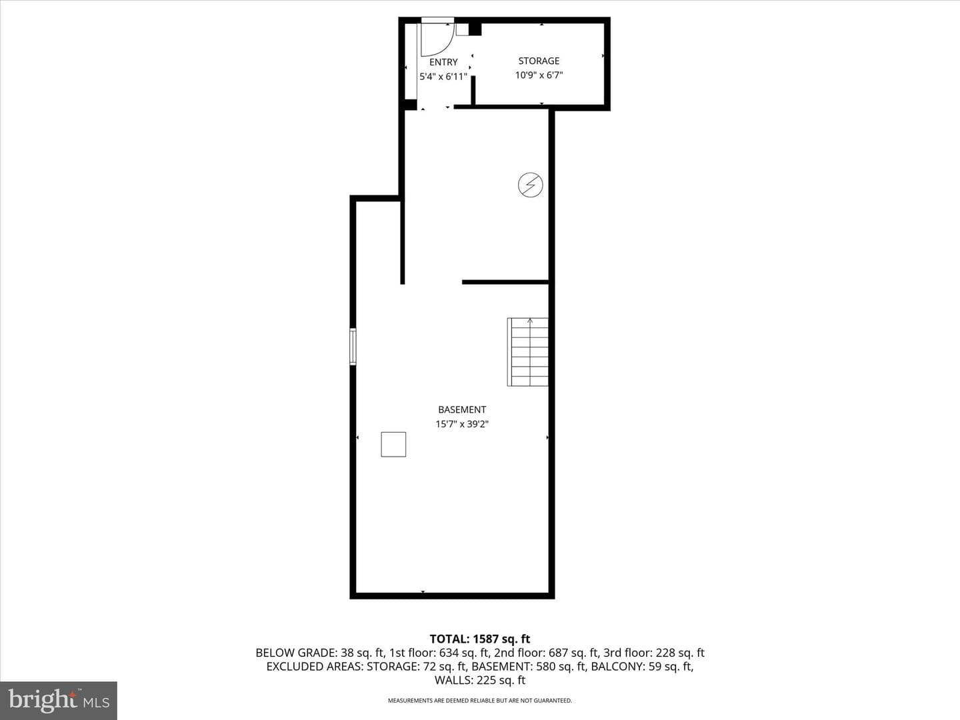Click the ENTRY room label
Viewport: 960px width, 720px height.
pyautogui.click(x=443, y=62)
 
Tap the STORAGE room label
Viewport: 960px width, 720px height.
pyautogui.click(x=539, y=61)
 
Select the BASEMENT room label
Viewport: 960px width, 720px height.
pyautogui.click(x=462, y=409)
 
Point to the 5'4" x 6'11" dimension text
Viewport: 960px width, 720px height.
pyautogui.click(x=443, y=77)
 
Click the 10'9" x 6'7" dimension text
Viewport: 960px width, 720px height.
pyautogui.click(x=539, y=75)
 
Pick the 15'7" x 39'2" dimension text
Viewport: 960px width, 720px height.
pyautogui.click(x=462, y=424)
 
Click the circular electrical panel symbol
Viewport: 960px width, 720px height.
pyautogui.click(x=531, y=185)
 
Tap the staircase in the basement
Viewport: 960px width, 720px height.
pyautogui.click(x=527, y=352)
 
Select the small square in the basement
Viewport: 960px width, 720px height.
pyautogui.click(x=393, y=445)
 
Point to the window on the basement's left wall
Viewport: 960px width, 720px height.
pyautogui.click(x=353, y=347)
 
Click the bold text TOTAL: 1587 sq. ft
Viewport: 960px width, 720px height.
pyautogui.click(x=480, y=639)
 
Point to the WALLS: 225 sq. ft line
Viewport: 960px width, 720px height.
pyautogui.click(x=480, y=680)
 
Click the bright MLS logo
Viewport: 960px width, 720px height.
pyautogui.click(x=59, y=701)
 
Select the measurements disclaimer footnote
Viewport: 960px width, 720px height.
pyautogui.click(x=480, y=701)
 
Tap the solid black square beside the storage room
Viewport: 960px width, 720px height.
pyautogui.click(x=475, y=29)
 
